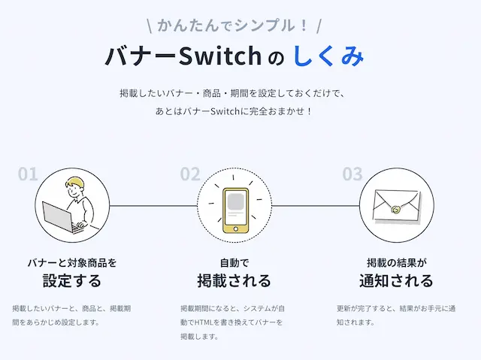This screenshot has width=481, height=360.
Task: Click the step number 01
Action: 28,175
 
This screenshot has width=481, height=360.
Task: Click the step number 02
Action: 190,175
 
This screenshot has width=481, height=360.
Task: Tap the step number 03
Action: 352,175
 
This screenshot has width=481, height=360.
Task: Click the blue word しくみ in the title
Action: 328,57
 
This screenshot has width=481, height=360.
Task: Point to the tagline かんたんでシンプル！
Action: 234,25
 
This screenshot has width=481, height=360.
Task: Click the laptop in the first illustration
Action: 59,218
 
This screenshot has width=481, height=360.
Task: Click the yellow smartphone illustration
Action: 234,205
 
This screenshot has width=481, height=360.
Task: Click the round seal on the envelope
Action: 396,211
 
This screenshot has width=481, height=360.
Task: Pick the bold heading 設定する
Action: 72,282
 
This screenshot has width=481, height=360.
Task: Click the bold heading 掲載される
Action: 234,282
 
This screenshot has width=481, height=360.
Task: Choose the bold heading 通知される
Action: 396,282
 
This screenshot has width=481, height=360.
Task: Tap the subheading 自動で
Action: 234,263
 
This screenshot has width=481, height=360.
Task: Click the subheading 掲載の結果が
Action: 396,263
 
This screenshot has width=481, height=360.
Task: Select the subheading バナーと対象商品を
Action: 72,263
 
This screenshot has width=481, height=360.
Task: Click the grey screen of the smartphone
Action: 234,201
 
